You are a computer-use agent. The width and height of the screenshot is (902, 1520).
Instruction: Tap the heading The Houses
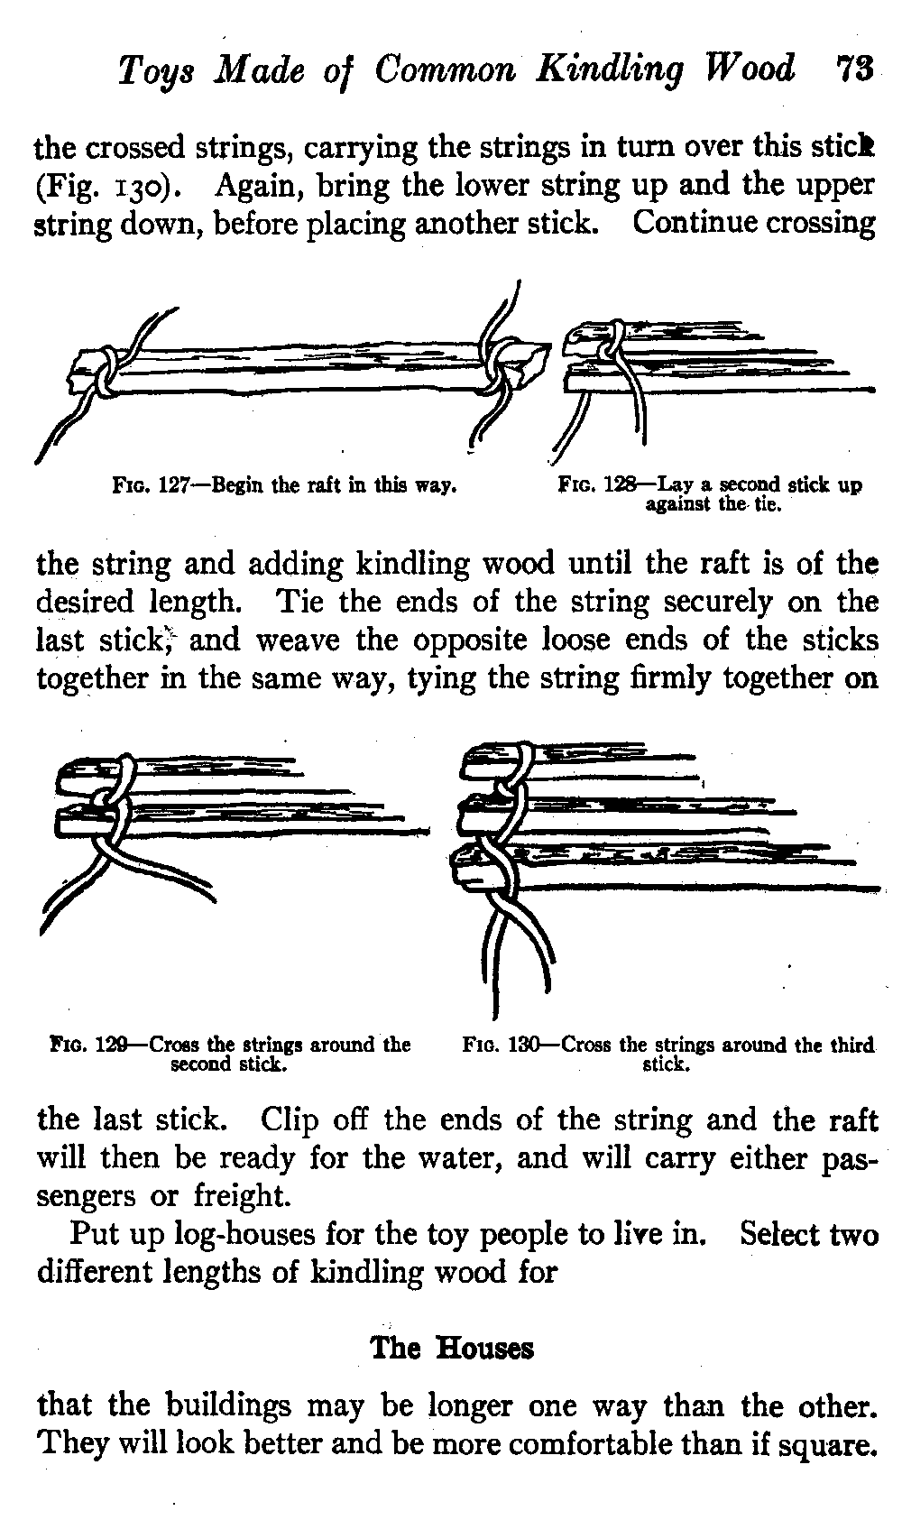tap(452, 1348)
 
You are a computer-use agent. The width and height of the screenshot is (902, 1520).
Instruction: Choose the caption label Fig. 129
tap(90, 1046)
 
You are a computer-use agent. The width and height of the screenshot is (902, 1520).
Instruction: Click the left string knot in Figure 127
tap(106, 372)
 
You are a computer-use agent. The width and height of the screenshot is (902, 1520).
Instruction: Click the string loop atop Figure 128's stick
tap(612, 336)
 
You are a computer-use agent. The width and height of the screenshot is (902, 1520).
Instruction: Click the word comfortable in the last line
tap(628, 1444)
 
